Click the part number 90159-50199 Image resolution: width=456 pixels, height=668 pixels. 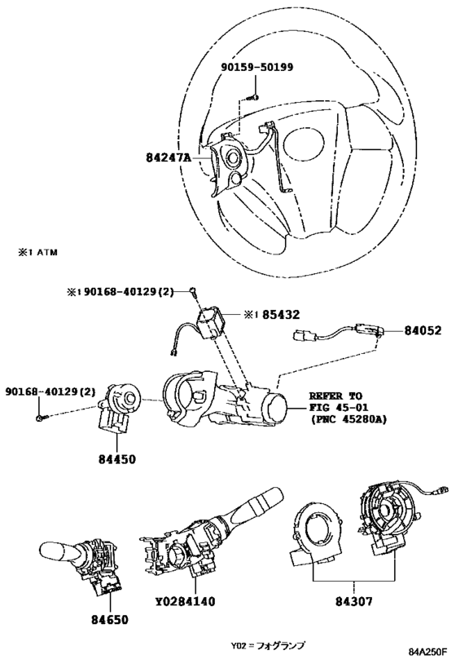[257, 67]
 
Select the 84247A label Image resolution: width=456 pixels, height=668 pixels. [168, 157]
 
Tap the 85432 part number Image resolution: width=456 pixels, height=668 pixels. [281, 314]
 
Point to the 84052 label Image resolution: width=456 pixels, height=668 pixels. [423, 330]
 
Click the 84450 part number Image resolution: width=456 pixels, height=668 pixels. [117, 459]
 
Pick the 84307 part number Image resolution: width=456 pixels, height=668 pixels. [354, 601]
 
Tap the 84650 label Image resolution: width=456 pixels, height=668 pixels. [110, 619]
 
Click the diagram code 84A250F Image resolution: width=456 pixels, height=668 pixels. [428, 652]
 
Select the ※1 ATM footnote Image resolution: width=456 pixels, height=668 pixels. [37, 252]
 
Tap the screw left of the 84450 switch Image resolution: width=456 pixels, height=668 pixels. [39, 418]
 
